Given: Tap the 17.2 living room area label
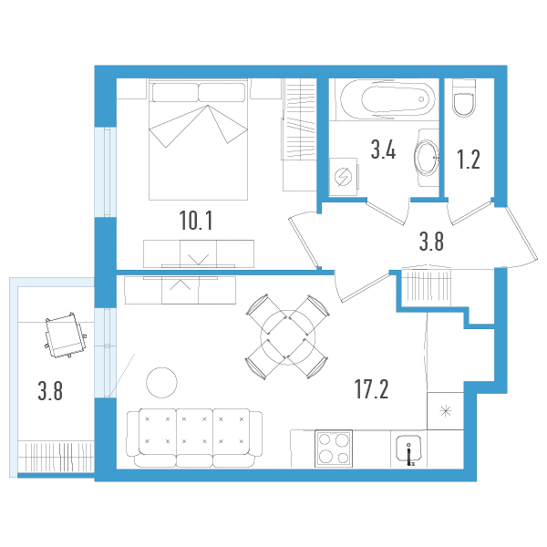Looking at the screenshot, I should point(372,391).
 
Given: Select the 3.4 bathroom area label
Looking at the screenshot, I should point(382,150).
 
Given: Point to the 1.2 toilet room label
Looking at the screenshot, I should point(468,160).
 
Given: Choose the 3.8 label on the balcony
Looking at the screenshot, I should point(51,393).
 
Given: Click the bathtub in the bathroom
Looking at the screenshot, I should point(382,98).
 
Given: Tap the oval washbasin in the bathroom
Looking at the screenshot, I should point(426,157).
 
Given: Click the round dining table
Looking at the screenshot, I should point(286,337).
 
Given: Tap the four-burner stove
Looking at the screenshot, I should point(332,449).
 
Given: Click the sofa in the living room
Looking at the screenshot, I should point(192,436).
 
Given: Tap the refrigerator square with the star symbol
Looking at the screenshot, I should point(446,411).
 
